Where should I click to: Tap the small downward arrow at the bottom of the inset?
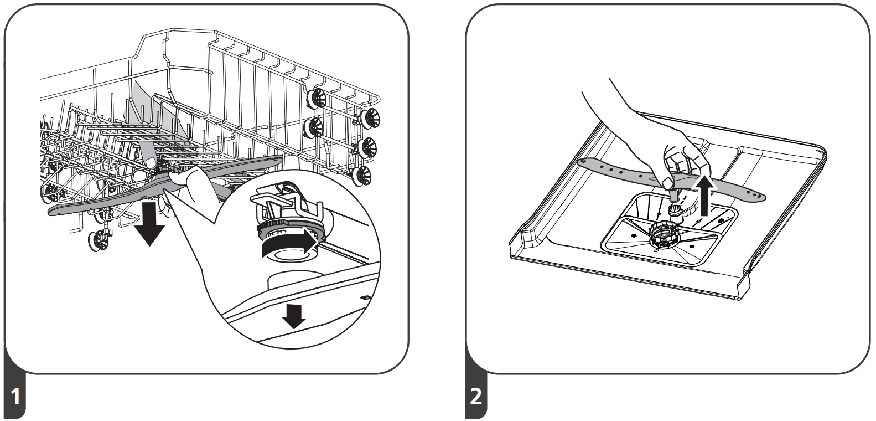point(293,315)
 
